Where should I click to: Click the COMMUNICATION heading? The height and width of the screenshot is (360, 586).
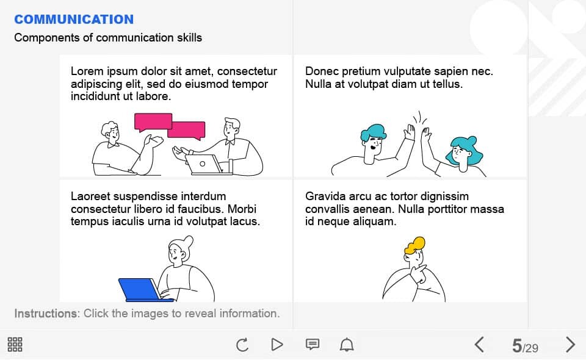coord(74,20)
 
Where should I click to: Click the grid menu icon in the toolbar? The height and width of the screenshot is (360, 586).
coord(15,344)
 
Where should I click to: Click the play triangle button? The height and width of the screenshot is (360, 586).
coord(277,344)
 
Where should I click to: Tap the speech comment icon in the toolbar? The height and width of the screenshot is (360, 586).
coord(313,344)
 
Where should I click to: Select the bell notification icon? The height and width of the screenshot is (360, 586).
coord(347,344)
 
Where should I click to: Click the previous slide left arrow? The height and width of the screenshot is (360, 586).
coord(479,344)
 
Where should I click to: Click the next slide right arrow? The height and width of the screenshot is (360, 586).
coord(570,344)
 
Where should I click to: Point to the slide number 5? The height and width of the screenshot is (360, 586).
coord(517,345)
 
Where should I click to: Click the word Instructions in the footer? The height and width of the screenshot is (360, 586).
coord(46,313)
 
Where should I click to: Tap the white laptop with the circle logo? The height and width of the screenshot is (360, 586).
coord(204,165)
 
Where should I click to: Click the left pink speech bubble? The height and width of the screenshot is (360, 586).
coord(153,122)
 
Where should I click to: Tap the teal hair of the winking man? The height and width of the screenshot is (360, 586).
coord(373,132)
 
